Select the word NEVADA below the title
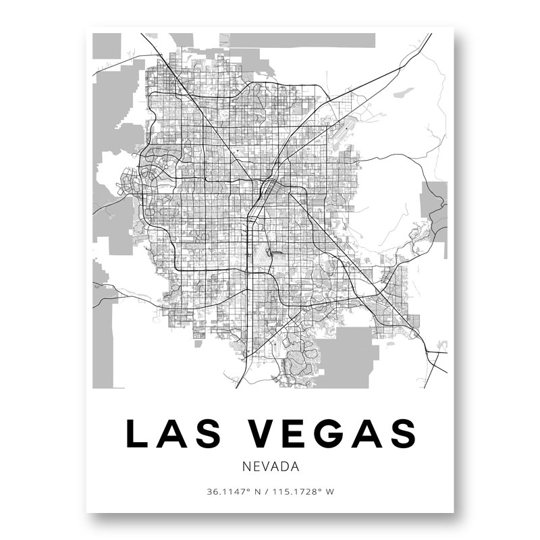point(269,466)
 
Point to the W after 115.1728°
point(330,491)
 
